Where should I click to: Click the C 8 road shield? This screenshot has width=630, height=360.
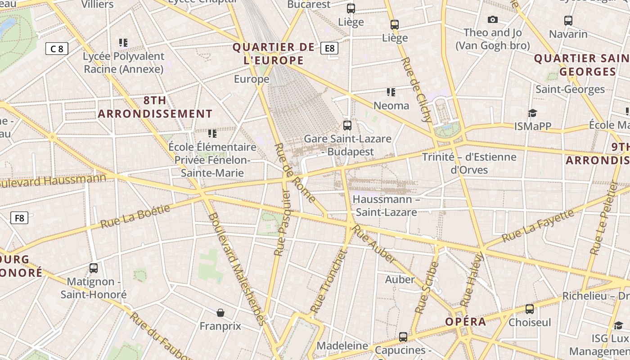click(x=57, y=49)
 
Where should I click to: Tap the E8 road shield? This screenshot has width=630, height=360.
click(x=329, y=48)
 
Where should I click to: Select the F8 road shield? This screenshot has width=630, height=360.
click(x=19, y=218)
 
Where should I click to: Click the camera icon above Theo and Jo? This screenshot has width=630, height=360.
click(x=493, y=19)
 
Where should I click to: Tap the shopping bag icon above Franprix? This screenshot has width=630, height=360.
click(x=220, y=312)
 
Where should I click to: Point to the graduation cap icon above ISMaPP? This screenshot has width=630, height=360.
click(x=533, y=113)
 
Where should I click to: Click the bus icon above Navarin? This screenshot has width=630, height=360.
click(x=568, y=20)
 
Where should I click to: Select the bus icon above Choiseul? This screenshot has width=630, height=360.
click(x=530, y=309)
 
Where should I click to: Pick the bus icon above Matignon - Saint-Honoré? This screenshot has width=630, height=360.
click(x=94, y=268)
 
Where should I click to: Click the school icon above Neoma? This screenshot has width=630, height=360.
click(x=391, y=92)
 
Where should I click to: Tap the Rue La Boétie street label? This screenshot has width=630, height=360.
click(x=135, y=216)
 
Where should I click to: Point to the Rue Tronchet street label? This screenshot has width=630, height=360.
click(x=329, y=281)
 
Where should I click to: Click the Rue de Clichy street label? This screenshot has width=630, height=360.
click(x=416, y=90)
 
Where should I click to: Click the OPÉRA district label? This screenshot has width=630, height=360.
click(x=466, y=322)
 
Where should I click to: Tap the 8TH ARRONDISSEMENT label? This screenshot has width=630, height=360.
click(x=155, y=107)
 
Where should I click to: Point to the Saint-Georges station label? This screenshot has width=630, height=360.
click(x=570, y=89)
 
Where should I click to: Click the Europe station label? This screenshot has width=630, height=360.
click(x=252, y=79)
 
